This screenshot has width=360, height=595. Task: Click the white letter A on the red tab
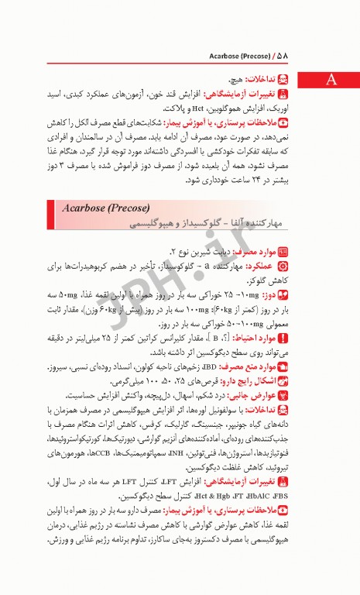pyautogui.click(x=331, y=80)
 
